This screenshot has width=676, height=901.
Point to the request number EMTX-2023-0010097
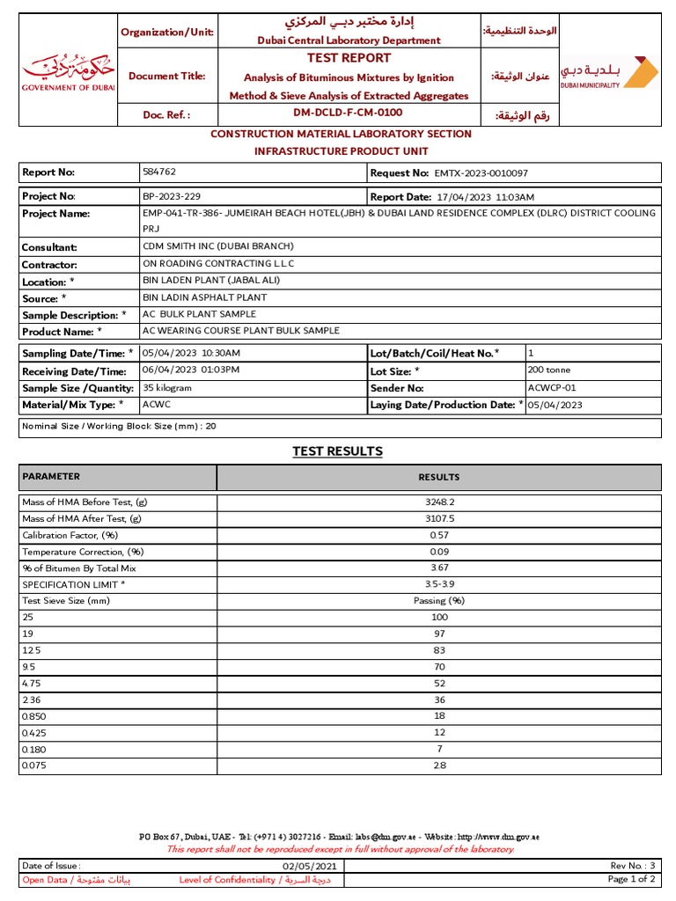tap(481, 173)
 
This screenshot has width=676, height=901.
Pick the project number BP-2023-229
tap(177, 196)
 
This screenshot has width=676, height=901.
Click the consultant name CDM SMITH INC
tap(217, 246)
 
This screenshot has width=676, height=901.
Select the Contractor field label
tap(49, 264)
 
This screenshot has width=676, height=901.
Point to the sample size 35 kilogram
tap(167, 387)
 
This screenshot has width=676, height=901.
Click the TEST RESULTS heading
tap(337, 451)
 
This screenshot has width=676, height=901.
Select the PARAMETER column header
tap(51, 476)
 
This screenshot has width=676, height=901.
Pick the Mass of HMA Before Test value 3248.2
tap(438, 502)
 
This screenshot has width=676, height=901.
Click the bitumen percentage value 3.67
tap(438, 568)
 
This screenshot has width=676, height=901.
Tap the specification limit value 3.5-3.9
tap(438, 584)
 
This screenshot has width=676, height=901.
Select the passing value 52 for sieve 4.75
tap(438, 683)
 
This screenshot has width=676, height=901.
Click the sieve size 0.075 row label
tap(33, 765)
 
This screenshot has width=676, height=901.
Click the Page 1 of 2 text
tap(631, 879)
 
